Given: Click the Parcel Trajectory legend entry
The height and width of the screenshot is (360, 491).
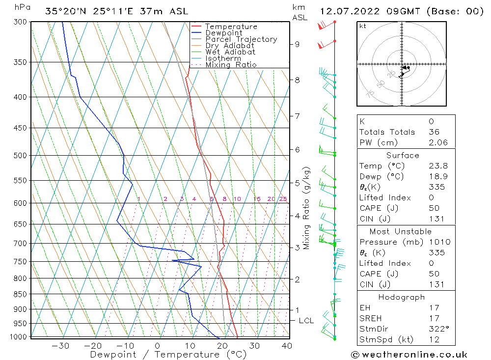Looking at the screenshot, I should click(x=241, y=39).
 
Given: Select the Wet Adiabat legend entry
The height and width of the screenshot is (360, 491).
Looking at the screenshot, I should click(x=230, y=52).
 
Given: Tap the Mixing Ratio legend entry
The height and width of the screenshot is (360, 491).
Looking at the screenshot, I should click(x=231, y=65).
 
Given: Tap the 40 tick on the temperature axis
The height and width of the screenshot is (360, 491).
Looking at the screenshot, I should click(x=287, y=346).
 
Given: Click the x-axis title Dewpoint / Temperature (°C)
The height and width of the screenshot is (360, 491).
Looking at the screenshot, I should click(x=168, y=355).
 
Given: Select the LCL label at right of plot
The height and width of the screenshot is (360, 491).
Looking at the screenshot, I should click(x=306, y=321).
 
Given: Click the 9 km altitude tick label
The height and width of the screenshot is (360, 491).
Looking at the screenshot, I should click(x=297, y=44).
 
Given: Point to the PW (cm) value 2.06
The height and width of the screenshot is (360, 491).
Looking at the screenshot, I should click(x=438, y=142).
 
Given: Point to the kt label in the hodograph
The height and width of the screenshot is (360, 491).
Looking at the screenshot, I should click(x=362, y=26).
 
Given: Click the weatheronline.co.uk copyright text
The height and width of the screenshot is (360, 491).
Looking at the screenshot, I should click(x=409, y=355).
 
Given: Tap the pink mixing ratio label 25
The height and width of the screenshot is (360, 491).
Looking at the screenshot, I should click(x=283, y=199).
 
